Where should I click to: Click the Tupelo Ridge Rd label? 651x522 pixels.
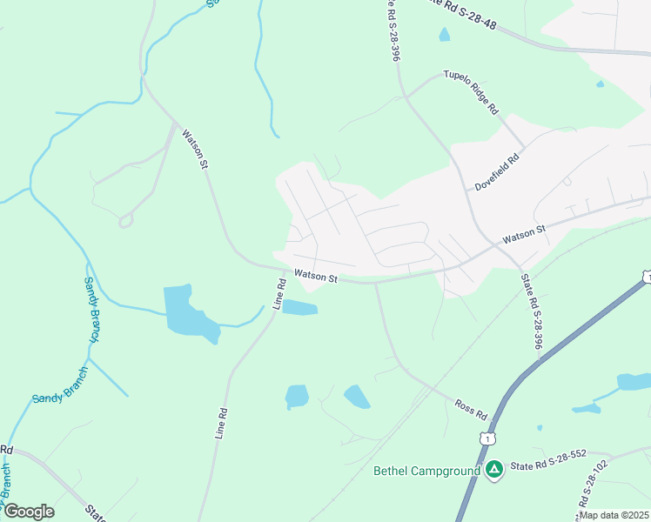point(471,92)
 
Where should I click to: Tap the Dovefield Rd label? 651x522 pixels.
point(497,172)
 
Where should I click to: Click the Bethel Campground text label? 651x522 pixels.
point(426,472)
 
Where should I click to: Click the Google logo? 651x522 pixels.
point(28,512)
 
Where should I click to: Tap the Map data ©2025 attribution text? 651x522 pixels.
point(614,515)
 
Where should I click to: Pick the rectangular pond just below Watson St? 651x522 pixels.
point(299,307)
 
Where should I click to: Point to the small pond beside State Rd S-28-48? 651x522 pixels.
point(445,35)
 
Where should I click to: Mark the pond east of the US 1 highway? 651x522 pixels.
point(634,382)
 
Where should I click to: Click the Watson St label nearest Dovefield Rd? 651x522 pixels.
point(523,234)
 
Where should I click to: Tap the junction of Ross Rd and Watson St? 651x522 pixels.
point(376,282)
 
